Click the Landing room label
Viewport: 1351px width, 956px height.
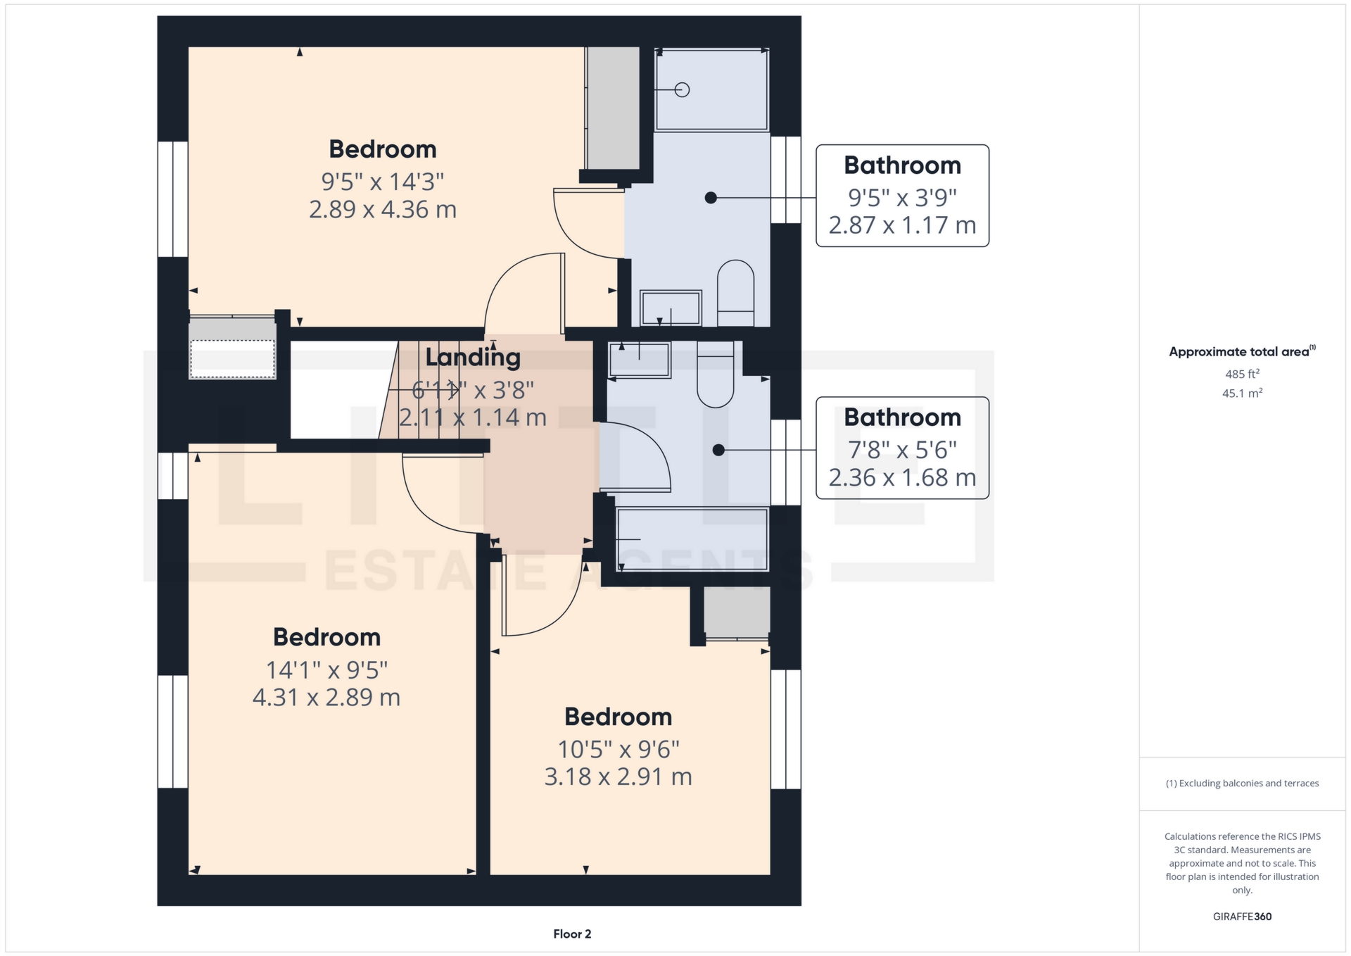tap(473, 358)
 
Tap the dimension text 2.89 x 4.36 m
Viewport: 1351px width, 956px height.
tap(383, 210)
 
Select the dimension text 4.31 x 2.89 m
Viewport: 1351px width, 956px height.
tap(326, 698)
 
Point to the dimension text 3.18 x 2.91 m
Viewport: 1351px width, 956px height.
tap(618, 777)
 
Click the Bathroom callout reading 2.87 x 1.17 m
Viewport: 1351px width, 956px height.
tap(902, 196)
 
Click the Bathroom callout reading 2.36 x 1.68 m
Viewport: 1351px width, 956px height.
tap(902, 448)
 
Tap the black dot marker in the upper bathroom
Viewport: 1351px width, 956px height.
tap(711, 198)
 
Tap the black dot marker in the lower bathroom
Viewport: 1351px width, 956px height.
tap(718, 450)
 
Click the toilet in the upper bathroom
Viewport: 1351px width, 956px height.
tap(735, 292)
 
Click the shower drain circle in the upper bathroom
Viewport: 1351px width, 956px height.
tap(682, 89)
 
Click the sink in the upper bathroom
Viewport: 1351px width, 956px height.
tap(671, 308)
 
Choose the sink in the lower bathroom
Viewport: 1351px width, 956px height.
tap(639, 360)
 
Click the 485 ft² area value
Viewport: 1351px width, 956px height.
tap(1242, 375)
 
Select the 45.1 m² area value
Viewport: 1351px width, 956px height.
tap(1242, 394)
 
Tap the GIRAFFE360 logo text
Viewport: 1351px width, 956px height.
tap(1242, 917)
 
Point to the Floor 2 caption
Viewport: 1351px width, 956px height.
tap(572, 934)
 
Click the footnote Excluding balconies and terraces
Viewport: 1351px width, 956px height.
tap(1242, 784)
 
